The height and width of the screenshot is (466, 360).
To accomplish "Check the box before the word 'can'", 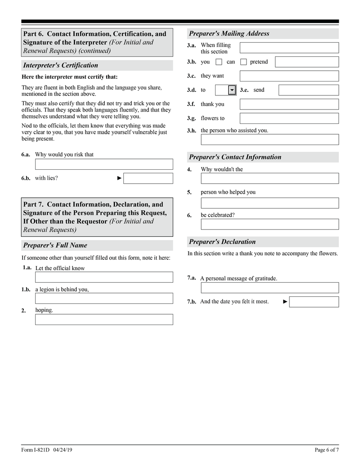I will coord(219,62).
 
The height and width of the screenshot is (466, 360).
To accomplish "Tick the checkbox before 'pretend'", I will coord(243,62).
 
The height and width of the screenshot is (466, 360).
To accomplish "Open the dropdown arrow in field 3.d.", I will coord(232,90).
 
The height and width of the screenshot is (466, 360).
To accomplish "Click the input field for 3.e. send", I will coord(308,90).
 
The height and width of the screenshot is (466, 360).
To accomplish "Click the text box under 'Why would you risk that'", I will coord(104,164).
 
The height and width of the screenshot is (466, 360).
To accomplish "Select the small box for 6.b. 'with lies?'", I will coord(148,178).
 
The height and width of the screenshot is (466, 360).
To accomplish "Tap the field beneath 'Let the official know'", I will coord(104,277).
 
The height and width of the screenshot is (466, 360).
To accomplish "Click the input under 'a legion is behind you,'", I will coord(104,298).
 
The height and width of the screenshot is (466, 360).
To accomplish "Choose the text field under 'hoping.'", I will coord(104,319).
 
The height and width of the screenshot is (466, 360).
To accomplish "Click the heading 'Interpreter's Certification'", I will coord(61,65).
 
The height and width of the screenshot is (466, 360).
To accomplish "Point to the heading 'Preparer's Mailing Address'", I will coord(229,33).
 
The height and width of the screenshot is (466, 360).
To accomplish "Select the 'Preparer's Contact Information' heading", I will coord(235,157).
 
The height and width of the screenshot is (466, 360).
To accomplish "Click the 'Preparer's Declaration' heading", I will coord(222,242).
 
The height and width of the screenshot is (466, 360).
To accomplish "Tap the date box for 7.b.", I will coord(314,302).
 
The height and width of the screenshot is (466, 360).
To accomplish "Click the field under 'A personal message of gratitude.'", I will coord(270,288).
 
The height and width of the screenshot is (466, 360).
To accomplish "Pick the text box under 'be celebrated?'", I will coord(270,224).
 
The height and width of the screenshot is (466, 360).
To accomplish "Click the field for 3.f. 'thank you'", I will coord(289,104).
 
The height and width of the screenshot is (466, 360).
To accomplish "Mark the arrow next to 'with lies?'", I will coord(119,178).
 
